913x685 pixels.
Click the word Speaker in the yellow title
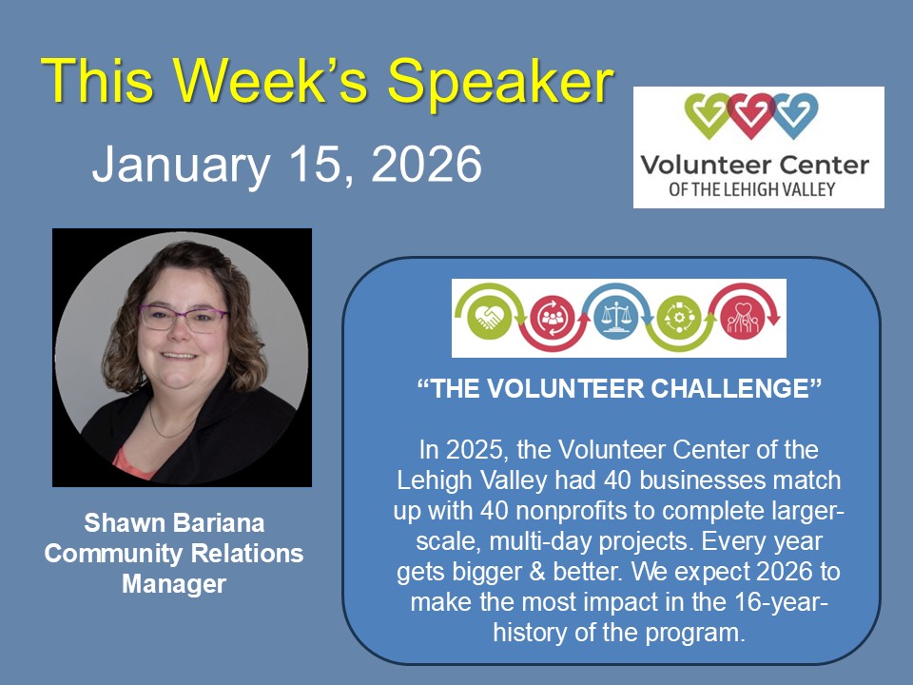coord(500,82)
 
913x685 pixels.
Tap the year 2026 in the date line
coord(426,164)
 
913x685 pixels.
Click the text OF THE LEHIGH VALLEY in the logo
coord(751,189)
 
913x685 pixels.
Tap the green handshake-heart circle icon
coord(490,318)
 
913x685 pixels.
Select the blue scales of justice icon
coord(614,318)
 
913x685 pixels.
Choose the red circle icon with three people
coord(551,318)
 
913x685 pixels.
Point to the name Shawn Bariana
coord(174,522)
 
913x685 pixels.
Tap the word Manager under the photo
coord(174,584)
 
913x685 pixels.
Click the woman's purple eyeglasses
coord(184,319)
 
